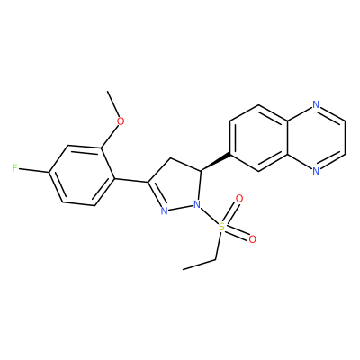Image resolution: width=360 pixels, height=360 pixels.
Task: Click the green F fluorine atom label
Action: (x=15, y=168)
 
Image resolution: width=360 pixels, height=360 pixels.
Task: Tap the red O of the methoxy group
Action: (x=121, y=121)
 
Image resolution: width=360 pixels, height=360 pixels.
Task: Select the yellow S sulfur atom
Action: (x=221, y=227)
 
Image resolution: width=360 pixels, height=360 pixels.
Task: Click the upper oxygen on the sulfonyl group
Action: (x=239, y=199)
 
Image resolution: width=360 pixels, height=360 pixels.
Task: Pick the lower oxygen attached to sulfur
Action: (x=253, y=239)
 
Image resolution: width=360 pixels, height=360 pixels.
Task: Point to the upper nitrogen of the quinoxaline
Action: (x=316, y=104)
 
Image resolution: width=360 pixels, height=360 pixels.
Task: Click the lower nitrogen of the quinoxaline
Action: (x=316, y=171)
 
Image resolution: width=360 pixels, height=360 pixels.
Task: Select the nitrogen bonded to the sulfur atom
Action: (x=197, y=205)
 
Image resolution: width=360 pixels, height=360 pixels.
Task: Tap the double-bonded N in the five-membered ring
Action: (x=164, y=211)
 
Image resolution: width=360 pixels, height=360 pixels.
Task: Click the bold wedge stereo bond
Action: (x=215, y=162)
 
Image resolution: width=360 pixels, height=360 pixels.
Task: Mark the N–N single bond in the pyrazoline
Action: (x=180, y=208)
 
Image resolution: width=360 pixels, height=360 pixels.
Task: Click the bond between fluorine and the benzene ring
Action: (x=33, y=171)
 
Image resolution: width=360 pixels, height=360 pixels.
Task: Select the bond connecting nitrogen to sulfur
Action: (x=209, y=216)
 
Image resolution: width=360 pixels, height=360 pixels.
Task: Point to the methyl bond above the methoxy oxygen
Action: (x=113, y=103)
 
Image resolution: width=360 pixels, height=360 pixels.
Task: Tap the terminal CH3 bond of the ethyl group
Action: (x=200, y=265)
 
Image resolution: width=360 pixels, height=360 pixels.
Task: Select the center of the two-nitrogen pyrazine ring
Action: (x=317, y=138)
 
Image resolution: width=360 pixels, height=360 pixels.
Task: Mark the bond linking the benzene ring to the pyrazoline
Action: (x=131, y=180)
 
